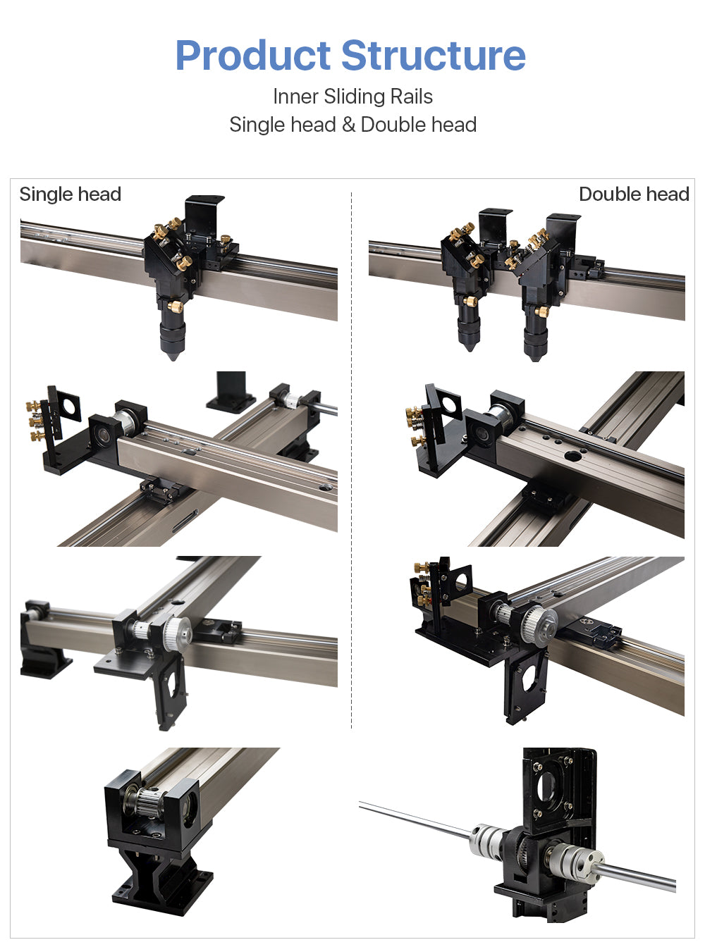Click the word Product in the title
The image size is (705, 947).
(x=253, y=56)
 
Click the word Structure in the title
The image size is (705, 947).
(x=434, y=55)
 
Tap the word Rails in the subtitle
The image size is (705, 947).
(x=412, y=96)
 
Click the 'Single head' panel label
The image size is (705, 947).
(x=70, y=194)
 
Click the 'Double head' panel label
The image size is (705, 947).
(x=634, y=194)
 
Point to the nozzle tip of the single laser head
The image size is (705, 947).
(x=173, y=358)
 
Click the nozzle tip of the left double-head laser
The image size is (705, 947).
(x=469, y=348)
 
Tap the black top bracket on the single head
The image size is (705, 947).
(x=204, y=216)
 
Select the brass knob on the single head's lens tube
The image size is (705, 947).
(x=176, y=306)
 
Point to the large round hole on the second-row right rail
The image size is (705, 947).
(x=572, y=456)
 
